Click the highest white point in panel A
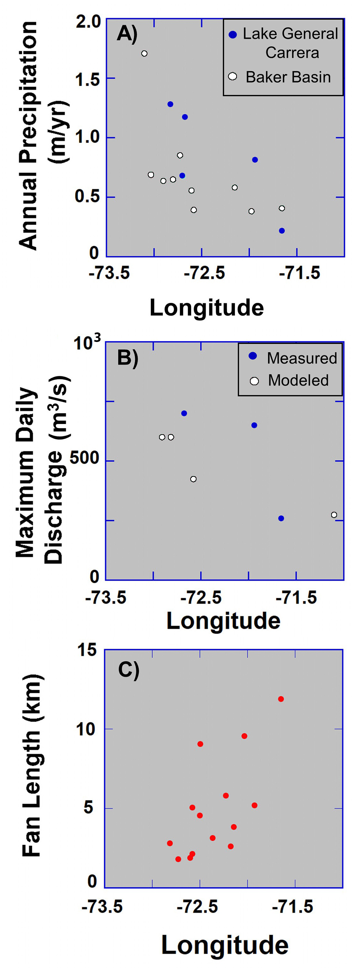pyautogui.click(x=144, y=54)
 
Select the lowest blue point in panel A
pyautogui.click(x=282, y=231)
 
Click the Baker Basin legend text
pyautogui.click(x=288, y=77)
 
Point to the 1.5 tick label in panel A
pyautogui.click(x=87, y=79)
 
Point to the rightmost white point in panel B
pyautogui.click(x=334, y=515)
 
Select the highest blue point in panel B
pyautogui.click(x=184, y=413)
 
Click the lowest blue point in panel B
pyautogui.click(x=281, y=519)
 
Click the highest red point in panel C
pyautogui.click(x=281, y=699)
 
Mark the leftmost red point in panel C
pyautogui.click(x=170, y=843)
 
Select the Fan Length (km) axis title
pyautogui.click(x=32, y=767)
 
